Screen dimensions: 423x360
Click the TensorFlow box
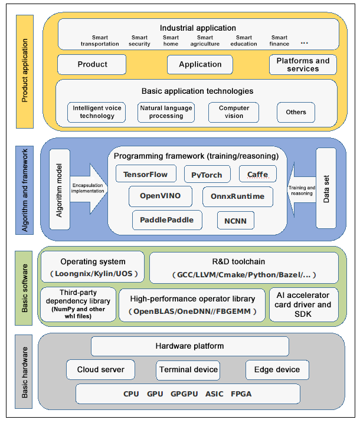[x=146, y=174]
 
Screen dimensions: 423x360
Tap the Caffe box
[x=257, y=174]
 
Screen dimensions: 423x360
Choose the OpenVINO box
[x=160, y=196]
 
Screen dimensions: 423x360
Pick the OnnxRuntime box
[x=238, y=196]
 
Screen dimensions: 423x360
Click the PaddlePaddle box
[x=163, y=220]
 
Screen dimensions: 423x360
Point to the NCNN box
[x=227, y=221]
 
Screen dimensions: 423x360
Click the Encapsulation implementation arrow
[x=87, y=188]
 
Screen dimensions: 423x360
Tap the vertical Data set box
[x=326, y=188]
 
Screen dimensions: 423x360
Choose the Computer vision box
[x=234, y=112]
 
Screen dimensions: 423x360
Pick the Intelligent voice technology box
[x=97, y=112]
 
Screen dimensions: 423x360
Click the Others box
[x=296, y=112]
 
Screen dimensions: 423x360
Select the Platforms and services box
[x=303, y=64]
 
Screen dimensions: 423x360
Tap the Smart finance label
[x=280, y=41]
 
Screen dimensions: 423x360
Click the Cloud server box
[x=101, y=370]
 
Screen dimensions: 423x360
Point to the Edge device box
[x=277, y=370]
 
